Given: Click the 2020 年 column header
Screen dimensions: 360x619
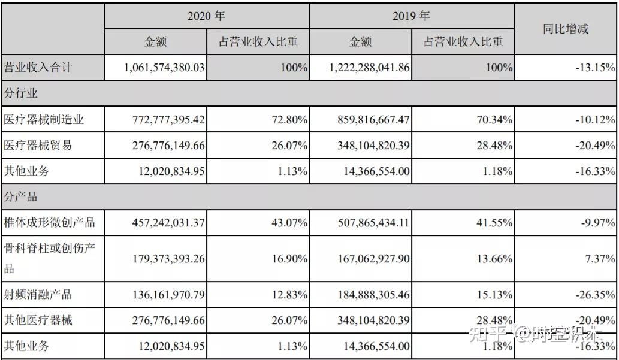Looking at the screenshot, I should (206, 16).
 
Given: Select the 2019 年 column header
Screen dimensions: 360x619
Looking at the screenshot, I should (411, 16).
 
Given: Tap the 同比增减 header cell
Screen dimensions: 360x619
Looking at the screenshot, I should (566, 29).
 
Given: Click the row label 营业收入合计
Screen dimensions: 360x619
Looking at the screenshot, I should (38, 68).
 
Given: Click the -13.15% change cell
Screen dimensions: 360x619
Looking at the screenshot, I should (595, 68).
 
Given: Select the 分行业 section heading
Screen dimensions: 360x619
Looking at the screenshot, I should (22, 93).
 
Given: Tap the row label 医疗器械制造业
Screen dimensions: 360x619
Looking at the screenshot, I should (44, 120).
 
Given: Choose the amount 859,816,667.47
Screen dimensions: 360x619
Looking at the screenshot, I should (372, 120).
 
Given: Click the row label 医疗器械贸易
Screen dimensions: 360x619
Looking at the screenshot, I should (38, 146).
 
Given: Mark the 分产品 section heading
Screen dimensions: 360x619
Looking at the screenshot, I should (22, 196).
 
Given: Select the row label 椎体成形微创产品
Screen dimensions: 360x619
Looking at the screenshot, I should (50, 223).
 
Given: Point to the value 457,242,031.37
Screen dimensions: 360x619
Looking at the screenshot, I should (168, 223).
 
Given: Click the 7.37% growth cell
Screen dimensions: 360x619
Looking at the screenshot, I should (600, 259).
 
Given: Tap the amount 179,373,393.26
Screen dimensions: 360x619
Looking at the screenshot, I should (168, 259).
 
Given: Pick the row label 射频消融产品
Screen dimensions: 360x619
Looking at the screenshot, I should (38, 294).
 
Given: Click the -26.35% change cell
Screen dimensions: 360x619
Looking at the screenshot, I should (595, 294).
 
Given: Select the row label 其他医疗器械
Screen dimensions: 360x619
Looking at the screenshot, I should (38, 320).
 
